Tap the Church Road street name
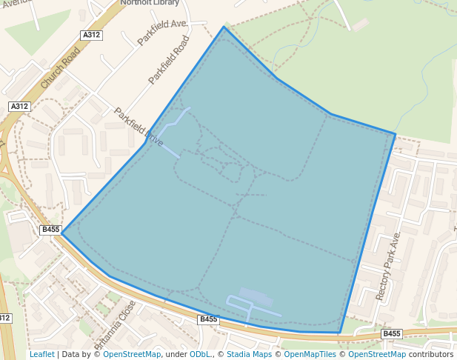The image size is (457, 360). [61, 69]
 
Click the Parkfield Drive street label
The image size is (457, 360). [139, 127]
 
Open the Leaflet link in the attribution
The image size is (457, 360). [42, 354]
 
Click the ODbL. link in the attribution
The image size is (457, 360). [200, 354]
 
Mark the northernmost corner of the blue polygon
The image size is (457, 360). [224, 27]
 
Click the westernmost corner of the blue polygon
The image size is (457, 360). [61, 233]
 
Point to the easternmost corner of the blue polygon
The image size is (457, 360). [396, 134]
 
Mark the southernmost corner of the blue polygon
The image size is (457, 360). [340, 333]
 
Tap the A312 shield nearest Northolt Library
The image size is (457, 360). [92, 35]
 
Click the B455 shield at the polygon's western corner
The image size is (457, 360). [50, 230]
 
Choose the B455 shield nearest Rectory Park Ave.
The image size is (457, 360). [392, 334]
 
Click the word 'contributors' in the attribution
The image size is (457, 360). [431, 354]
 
